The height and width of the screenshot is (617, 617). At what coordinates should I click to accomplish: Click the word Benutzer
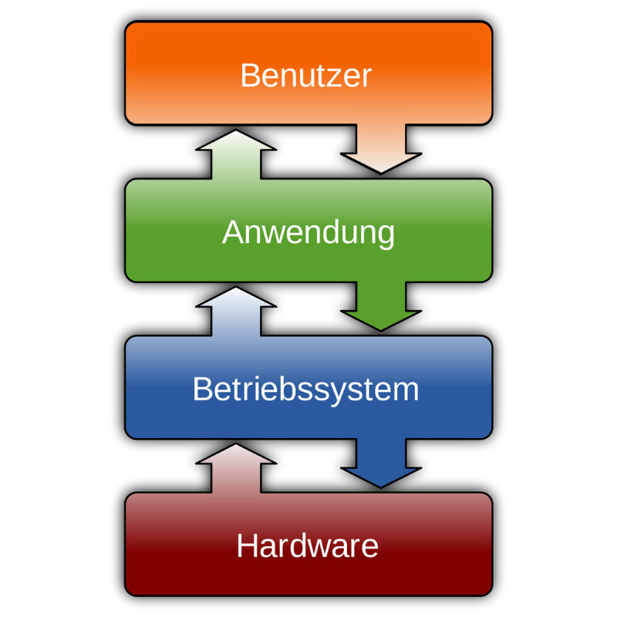pyautogui.click(x=305, y=76)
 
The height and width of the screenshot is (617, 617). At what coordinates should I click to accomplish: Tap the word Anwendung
pyautogui.click(x=308, y=232)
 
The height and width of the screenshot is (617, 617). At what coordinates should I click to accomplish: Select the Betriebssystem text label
pyautogui.click(x=305, y=389)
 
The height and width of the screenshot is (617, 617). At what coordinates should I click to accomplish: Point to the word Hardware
pyautogui.click(x=307, y=546)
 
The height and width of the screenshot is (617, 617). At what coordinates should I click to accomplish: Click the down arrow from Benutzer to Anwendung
pyautogui.click(x=381, y=150)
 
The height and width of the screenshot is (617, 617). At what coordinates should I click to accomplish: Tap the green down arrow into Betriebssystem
pyautogui.click(x=381, y=308)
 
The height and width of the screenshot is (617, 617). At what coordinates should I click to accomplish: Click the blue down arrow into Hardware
pyautogui.click(x=381, y=465)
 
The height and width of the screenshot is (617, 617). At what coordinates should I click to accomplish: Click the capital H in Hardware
pyautogui.click(x=246, y=546)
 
